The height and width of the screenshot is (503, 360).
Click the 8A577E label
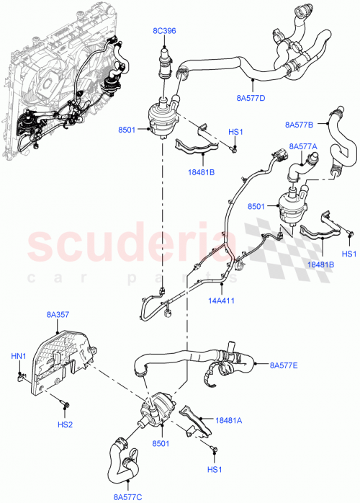(x=284, y=365)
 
